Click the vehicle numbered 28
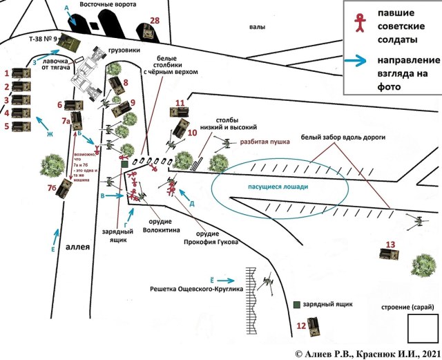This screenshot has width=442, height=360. click(146, 31)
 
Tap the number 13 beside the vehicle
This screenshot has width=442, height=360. click(390, 243)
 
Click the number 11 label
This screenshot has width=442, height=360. click(180, 104)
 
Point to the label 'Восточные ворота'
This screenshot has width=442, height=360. click(107, 5)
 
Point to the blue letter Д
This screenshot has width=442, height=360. click(191, 204)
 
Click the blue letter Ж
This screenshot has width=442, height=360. click(50, 135)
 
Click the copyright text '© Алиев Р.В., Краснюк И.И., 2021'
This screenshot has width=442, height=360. click(366, 353)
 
